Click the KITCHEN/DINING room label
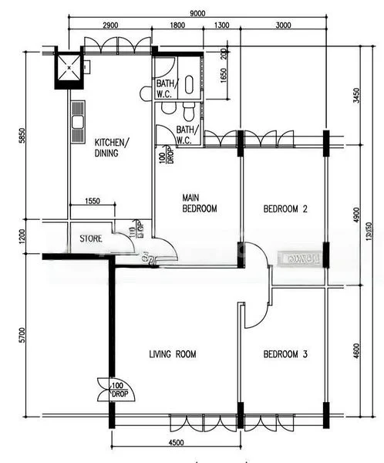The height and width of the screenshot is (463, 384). tap(112, 147)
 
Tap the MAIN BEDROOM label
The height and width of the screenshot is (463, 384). tap(199, 202)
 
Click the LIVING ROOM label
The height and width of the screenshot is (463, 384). tap(172, 354)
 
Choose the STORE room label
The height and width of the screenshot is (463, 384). tap(91, 238)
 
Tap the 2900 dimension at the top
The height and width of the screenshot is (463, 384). tap(109, 25)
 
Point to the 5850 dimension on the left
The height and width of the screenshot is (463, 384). tap(24, 137)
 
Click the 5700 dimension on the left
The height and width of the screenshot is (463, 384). tap(24, 335)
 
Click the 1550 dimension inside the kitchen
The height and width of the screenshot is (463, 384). tap(92, 201)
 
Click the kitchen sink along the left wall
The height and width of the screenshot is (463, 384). tap(77, 123)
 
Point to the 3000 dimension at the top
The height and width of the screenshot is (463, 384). tap(283, 25)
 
